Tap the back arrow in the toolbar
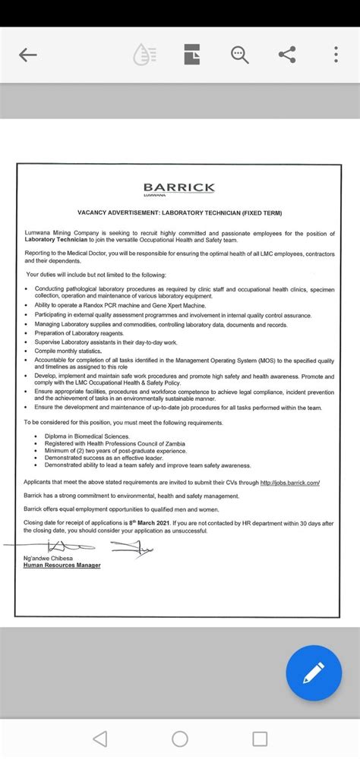(x=28, y=55)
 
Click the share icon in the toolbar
(x=287, y=55)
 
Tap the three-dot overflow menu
(x=336, y=55)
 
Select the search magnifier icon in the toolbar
(x=240, y=55)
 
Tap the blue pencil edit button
(x=313, y=672)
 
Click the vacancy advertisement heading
(x=179, y=215)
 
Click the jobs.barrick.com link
(x=289, y=483)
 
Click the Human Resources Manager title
(x=62, y=565)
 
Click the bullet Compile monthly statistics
(x=68, y=351)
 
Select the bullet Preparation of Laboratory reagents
(x=79, y=333)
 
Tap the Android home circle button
(x=180, y=738)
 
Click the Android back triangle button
(x=99, y=738)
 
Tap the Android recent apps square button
(x=260, y=738)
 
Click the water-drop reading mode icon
(x=144, y=55)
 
